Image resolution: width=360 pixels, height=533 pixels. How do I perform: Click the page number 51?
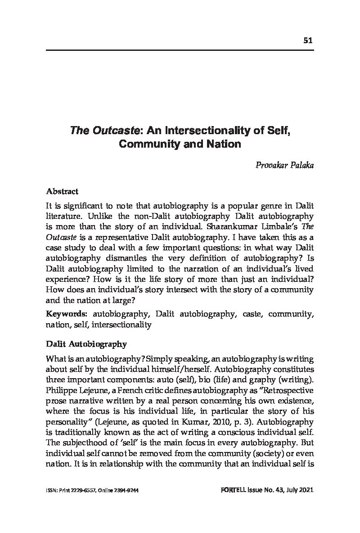tap(308, 40)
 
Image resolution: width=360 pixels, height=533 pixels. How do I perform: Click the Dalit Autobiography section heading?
tap(86, 344)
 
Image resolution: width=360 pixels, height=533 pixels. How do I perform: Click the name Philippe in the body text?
tap(62, 388)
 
